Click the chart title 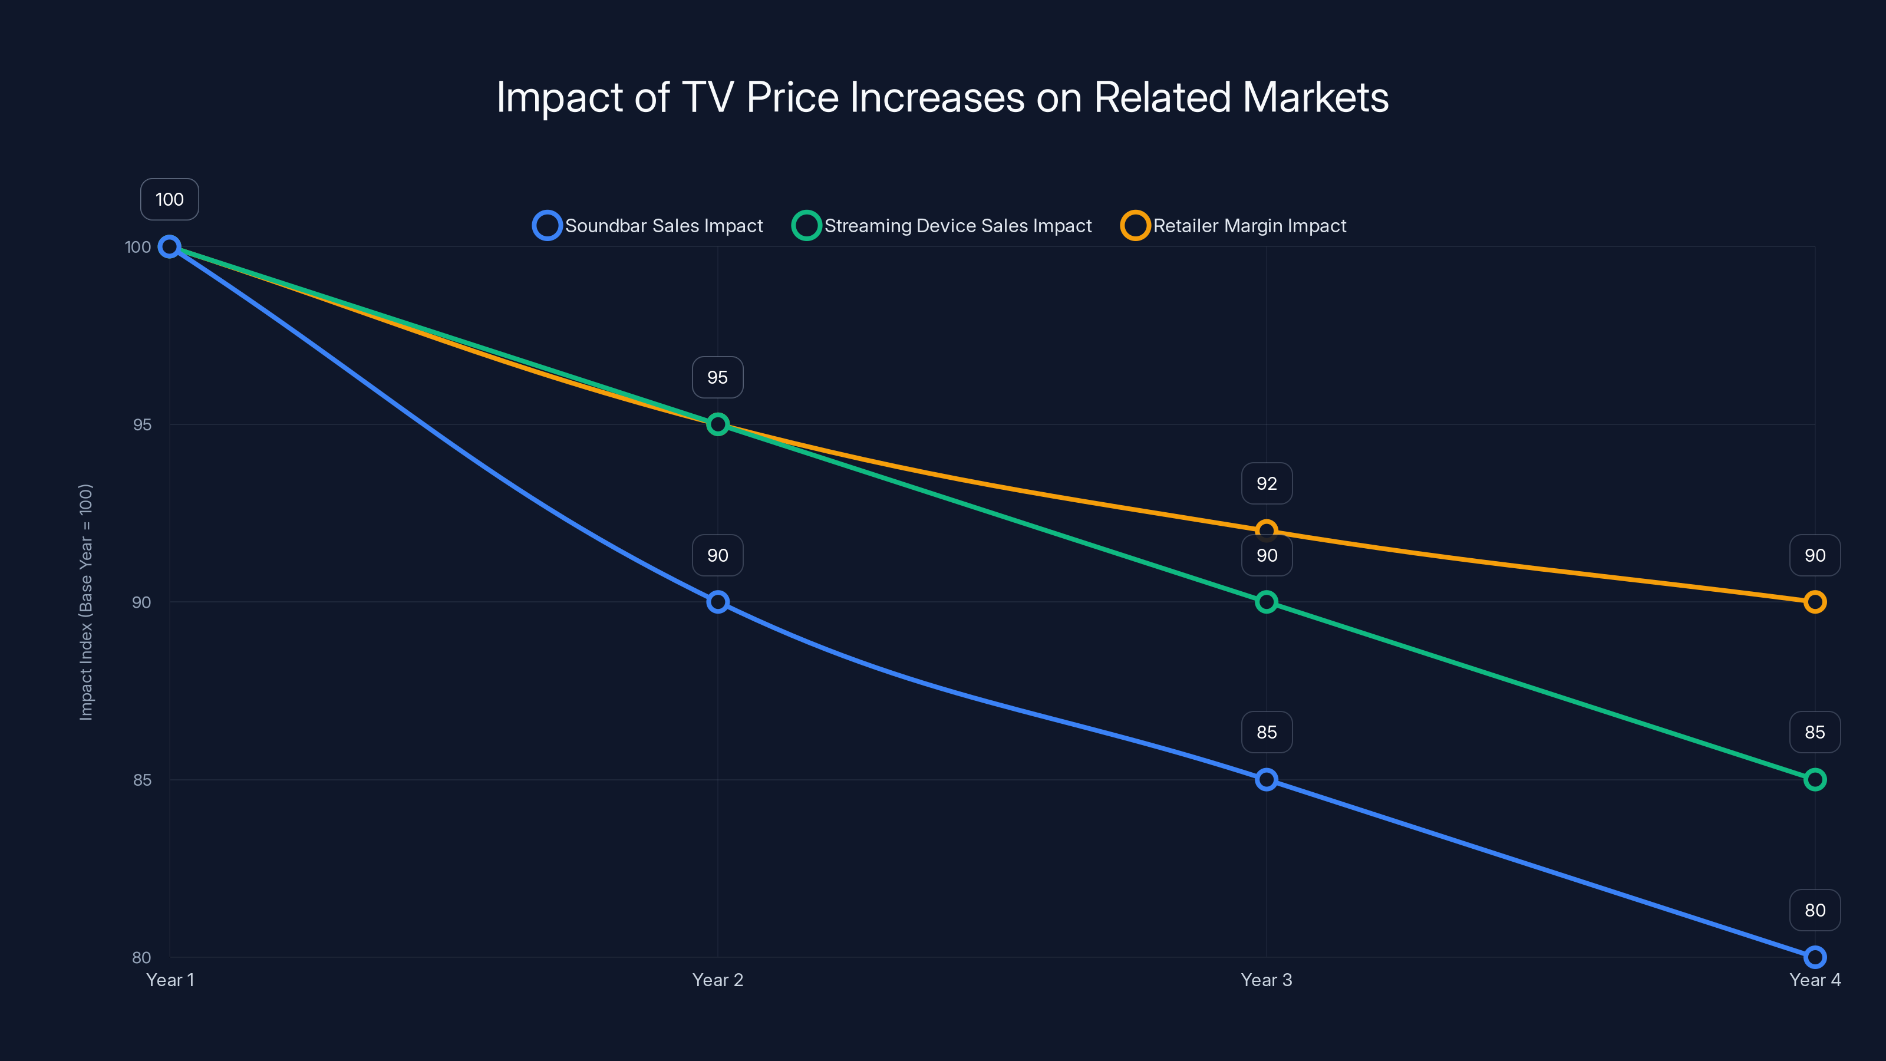[x=942, y=97]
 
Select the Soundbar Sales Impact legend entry [x=648, y=226]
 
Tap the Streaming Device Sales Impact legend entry [x=942, y=226]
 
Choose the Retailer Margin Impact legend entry [x=1234, y=226]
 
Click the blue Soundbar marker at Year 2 [x=717, y=602]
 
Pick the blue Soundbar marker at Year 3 [x=1266, y=780]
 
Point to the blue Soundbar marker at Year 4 [x=1814, y=957]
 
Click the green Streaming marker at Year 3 [x=1266, y=602]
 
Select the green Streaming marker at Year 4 [x=1814, y=780]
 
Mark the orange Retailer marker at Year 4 [x=1814, y=602]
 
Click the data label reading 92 [x=1266, y=483]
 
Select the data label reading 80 [x=1814, y=910]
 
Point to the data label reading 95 [x=717, y=377]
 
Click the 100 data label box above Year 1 [x=169, y=199]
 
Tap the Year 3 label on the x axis [x=1266, y=980]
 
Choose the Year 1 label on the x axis [x=170, y=980]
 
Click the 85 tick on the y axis [x=141, y=780]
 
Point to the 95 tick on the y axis [x=141, y=424]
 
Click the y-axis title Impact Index [x=85, y=602]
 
